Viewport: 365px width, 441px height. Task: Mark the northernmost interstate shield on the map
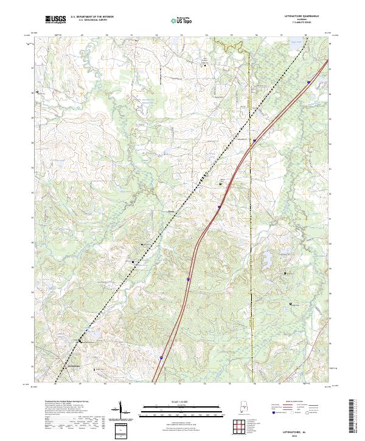[308, 82]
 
